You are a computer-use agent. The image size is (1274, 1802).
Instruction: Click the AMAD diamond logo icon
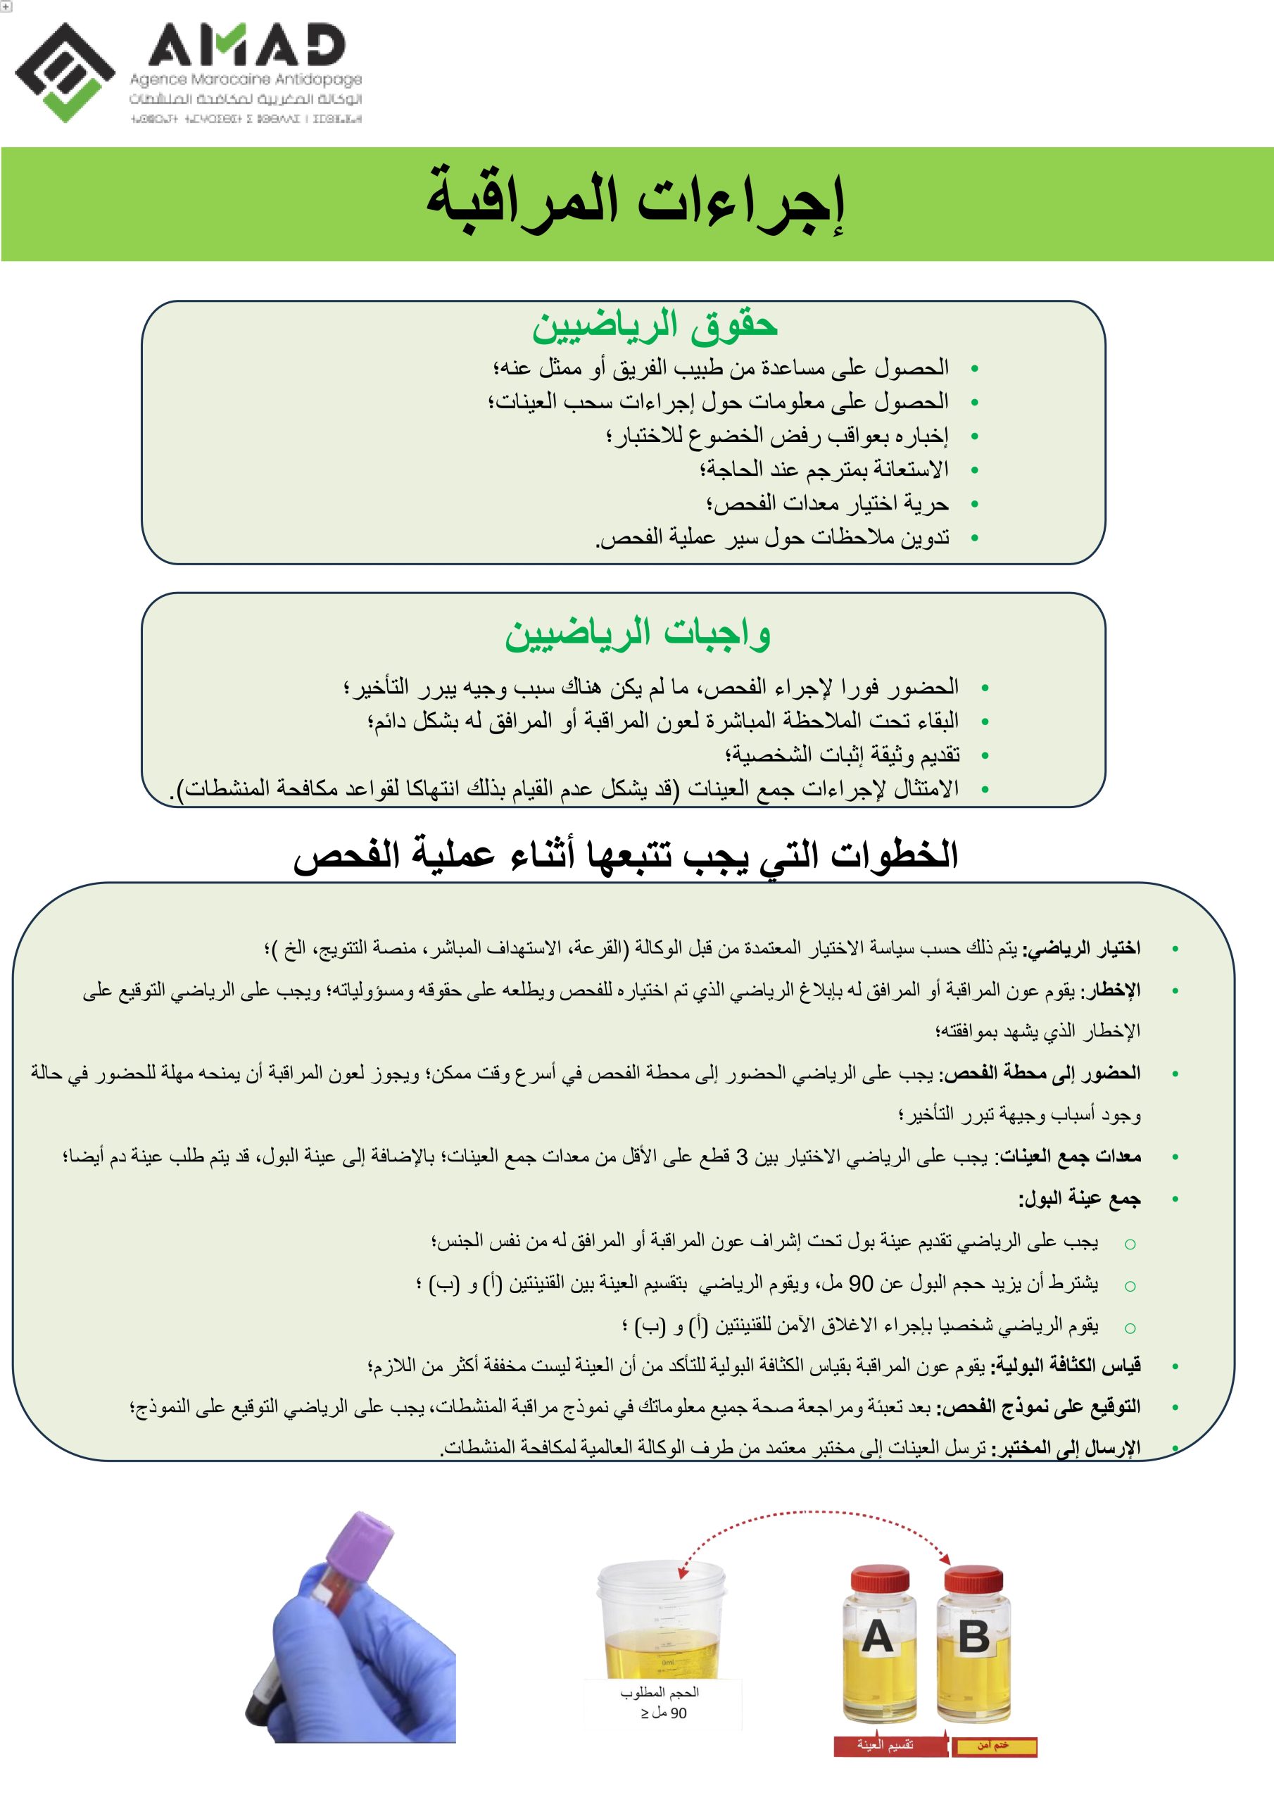point(64,73)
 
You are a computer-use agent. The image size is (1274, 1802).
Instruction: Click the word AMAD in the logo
point(246,45)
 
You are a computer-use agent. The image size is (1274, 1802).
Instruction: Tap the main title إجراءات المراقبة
point(636,203)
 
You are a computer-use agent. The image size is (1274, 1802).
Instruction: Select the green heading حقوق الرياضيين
point(654,326)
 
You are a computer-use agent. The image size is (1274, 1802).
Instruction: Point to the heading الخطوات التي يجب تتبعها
point(626,855)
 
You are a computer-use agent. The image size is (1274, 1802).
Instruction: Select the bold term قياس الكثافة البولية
point(1068,1366)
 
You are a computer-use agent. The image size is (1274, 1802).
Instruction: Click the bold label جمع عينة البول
point(1079,1199)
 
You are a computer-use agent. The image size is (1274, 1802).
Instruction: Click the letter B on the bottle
point(973,1638)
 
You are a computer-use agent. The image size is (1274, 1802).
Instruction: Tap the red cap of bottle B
point(973,1578)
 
